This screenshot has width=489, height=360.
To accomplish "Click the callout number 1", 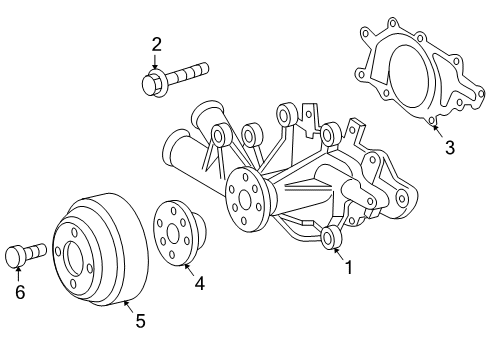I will pyautogui.click(x=349, y=268).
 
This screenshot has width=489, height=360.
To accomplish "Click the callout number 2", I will pyautogui.click(x=156, y=43).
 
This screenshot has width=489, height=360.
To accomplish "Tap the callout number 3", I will pyautogui.click(x=450, y=148).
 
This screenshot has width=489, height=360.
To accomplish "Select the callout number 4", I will pyautogui.click(x=199, y=283).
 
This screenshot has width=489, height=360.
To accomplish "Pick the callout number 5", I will pyautogui.click(x=139, y=321).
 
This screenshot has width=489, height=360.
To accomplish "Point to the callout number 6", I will pyautogui.click(x=18, y=292).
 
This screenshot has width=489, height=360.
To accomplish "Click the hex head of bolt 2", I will pyautogui.click(x=155, y=82).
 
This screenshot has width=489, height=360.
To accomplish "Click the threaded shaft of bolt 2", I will pyautogui.click(x=190, y=71).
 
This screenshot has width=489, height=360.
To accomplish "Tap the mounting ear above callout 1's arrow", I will pyautogui.click(x=329, y=237).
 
